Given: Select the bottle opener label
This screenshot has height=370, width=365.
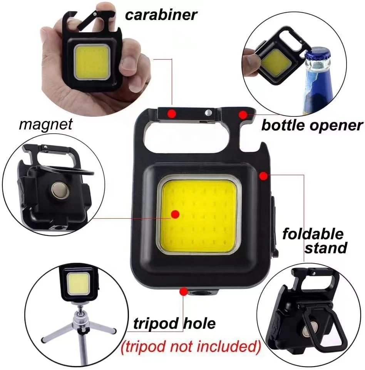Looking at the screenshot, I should tap(312, 125).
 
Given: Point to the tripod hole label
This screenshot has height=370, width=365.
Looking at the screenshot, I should tap(174, 324).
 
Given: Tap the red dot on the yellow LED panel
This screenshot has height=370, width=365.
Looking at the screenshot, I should tap(175, 214).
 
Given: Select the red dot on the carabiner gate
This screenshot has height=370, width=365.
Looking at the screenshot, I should tap(172, 113).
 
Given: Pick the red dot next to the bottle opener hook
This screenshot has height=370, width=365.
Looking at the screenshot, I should tap(243, 114).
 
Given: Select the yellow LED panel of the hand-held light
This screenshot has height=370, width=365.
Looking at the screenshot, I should tap(91, 61).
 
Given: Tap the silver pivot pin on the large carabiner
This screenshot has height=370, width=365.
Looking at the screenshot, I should tap(208, 112).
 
